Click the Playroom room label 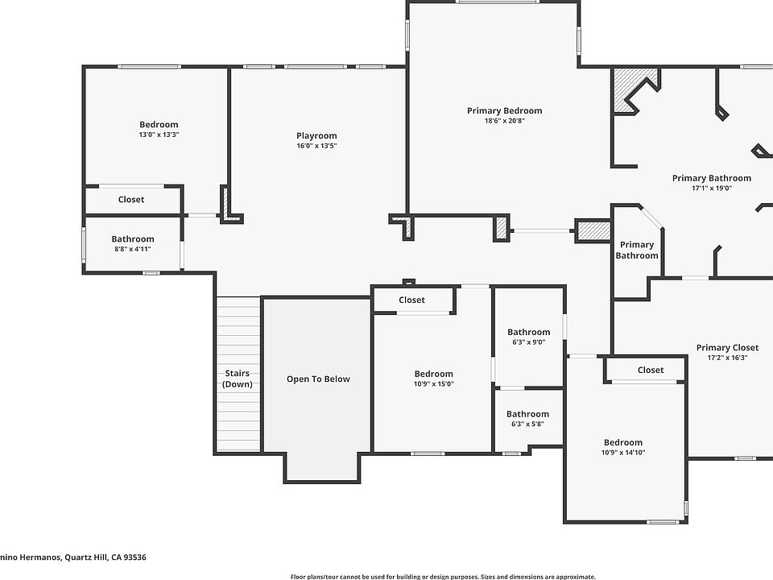tap(316, 135)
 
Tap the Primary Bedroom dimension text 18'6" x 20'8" tap(504, 120)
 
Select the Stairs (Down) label tap(237, 379)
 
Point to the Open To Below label tap(318, 379)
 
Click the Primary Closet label tap(727, 348)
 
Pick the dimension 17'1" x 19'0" tap(711, 188)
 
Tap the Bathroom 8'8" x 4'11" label tap(133, 243)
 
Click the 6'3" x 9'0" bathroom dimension tap(528, 342)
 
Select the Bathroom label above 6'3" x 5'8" tap(527, 414)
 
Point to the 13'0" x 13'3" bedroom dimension tap(159, 135)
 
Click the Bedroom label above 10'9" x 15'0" tap(433, 374)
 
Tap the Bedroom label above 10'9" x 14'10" tap(623, 442)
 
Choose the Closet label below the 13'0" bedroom tap(131, 199)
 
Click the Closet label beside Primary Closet tap(651, 370)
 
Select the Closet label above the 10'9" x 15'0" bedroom tap(411, 300)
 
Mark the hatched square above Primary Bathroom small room tap(593, 231)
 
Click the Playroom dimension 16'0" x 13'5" tap(316, 146)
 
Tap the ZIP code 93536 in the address tap(134, 557)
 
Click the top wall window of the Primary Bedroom tap(497, 2)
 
